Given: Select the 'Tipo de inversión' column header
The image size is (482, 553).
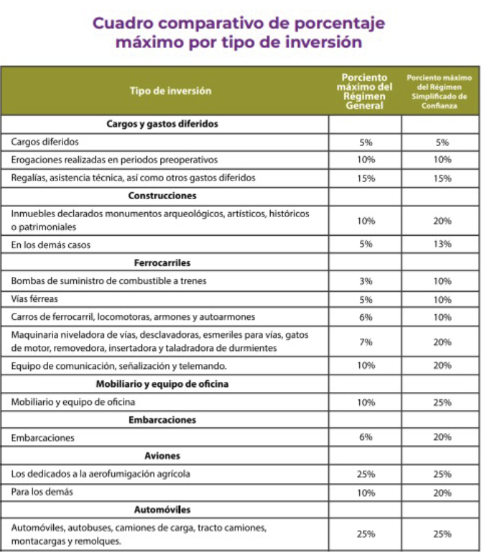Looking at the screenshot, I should (170, 91).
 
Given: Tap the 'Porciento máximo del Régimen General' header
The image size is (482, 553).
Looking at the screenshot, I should (364, 91).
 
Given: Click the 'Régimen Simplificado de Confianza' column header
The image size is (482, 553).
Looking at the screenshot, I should (438, 91).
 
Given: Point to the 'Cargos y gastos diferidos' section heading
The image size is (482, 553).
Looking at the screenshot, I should (162, 124).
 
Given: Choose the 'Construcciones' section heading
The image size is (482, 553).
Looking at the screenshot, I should (162, 196).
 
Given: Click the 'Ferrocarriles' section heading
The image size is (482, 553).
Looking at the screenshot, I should (162, 262).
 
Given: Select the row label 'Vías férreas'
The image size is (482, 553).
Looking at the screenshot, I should (35, 299).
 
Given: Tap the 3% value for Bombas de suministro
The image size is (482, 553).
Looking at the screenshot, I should (366, 281).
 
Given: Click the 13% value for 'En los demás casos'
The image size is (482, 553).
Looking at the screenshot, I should (442, 244).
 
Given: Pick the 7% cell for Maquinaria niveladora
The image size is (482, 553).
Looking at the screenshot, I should (366, 342).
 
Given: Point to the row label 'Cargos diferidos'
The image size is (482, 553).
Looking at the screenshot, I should (45, 142).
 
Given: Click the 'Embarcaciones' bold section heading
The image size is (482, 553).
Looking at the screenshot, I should (162, 419).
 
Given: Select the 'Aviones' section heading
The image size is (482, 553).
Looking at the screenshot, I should (162, 456).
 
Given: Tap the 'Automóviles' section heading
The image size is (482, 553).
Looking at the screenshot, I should (162, 510).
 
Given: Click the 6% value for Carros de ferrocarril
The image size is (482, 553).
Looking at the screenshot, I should (366, 317).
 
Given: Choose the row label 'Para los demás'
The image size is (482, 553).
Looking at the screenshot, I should (42, 492).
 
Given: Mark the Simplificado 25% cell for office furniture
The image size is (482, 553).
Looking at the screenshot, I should (442, 402).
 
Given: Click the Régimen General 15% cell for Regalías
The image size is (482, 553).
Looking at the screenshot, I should (366, 178).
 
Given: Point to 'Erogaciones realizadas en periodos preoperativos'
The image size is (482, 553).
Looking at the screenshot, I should (114, 160).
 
